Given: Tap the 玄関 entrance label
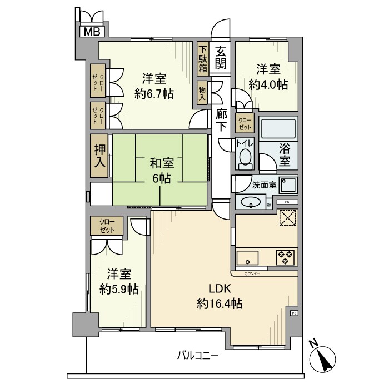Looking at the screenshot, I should pos(221,57).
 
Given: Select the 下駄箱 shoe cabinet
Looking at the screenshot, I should pos(202,58).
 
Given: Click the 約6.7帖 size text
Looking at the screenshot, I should pos(154,93).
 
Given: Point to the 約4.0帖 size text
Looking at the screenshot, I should pos(268,84).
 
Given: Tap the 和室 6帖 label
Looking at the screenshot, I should pos(161,171).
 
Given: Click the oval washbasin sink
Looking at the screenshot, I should pos(251,203).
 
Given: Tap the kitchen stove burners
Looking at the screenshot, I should pos(286,257).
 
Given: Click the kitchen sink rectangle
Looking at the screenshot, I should pos(247,258).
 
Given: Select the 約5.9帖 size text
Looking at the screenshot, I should pos(119,282).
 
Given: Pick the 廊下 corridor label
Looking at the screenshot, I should pos(221,119).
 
